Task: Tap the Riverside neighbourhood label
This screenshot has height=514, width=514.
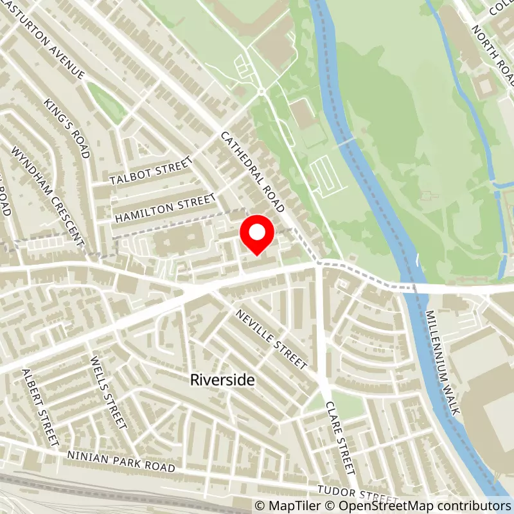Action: (222, 380)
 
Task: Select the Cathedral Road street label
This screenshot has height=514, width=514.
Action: (252, 172)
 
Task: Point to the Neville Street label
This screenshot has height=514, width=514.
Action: (271, 339)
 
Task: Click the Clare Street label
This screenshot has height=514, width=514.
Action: (340, 437)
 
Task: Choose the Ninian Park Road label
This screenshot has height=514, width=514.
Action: (121, 461)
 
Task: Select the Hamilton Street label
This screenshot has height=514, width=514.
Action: (163, 209)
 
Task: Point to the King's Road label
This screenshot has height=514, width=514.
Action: (66, 128)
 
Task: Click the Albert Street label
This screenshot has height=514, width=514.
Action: (40, 408)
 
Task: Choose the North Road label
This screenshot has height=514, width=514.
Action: (494, 48)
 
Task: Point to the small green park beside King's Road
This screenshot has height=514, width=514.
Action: (107, 103)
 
